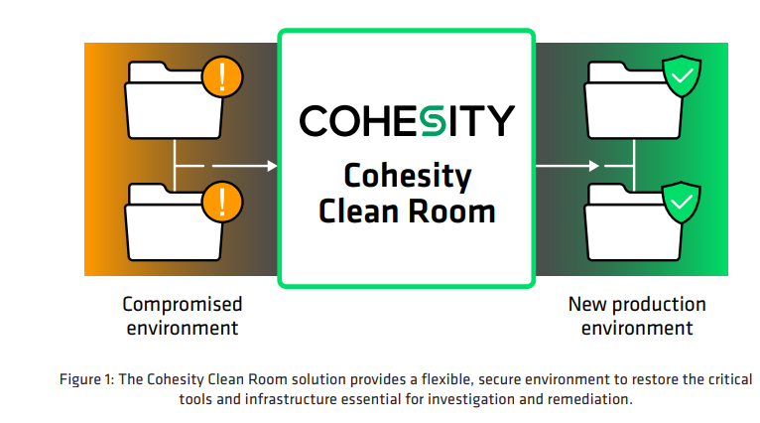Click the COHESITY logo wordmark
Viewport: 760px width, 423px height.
click(x=407, y=120)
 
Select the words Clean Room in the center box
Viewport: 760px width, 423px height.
click(x=407, y=210)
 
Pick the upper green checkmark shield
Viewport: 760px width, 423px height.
click(x=682, y=77)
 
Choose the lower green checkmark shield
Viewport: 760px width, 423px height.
click(x=682, y=203)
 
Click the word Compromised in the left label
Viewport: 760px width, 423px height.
click(x=183, y=304)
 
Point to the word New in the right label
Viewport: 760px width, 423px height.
click(x=584, y=304)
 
